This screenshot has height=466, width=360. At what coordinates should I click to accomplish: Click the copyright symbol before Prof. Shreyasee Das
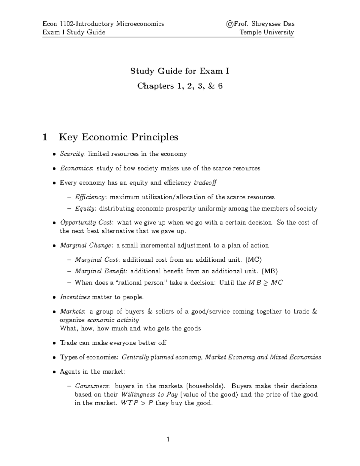pyautogui.click(x=230, y=24)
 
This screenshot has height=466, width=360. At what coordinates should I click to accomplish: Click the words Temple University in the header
pyautogui.click(x=267, y=32)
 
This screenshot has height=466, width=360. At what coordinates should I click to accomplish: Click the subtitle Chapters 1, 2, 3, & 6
pyautogui.click(x=180, y=86)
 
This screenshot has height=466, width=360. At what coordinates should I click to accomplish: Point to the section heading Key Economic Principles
pyautogui.click(x=118, y=137)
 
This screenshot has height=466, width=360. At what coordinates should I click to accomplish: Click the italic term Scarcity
pyautogui.click(x=72, y=154)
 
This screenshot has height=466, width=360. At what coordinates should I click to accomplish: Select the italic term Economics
pyautogui.click(x=76, y=168)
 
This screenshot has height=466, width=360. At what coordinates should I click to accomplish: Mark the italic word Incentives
pyautogui.click(x=75, y=297)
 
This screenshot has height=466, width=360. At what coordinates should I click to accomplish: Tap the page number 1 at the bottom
pyautogui.click(x=168, y=440)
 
